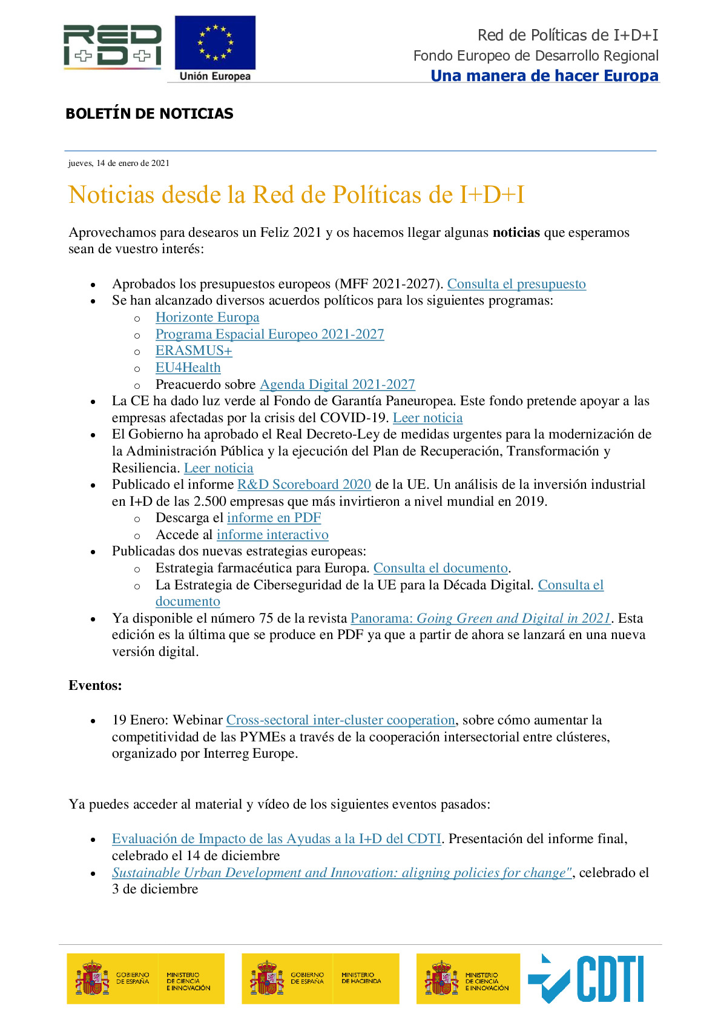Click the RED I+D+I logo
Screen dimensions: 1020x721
[x=113, y=45]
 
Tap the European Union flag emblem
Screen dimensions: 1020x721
[x=215, y=43]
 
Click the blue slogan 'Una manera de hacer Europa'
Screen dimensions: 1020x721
[x=544, y=76]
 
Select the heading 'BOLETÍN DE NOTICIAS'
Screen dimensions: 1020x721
[x=149, y=114]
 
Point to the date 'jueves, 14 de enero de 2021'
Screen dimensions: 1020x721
[x=119, y=163]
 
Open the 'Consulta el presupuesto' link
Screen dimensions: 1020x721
[x=516, y=284]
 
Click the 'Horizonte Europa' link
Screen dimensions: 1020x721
[x=207, y=317]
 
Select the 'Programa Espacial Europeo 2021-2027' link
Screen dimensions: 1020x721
[x=269, y=334]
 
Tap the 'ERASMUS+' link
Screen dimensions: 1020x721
[x=194, y=351]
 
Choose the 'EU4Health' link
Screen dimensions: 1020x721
[x=188, y=368]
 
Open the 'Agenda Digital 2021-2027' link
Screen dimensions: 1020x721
[x=337, y=385]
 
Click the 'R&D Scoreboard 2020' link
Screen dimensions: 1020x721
[x=304, y=485]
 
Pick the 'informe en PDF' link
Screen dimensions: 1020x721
[x=274, y=518]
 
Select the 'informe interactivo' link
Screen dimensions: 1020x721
[x=272, y=535]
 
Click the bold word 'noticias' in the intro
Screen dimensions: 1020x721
[x=516, y=233]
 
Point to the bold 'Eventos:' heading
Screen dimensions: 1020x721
[x=95, y=686]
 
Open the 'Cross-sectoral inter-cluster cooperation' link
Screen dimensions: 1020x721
[x=340, y=720]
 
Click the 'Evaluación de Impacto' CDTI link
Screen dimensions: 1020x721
[x=276, y=839]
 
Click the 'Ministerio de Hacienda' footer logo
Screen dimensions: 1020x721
[x=320, y=979]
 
